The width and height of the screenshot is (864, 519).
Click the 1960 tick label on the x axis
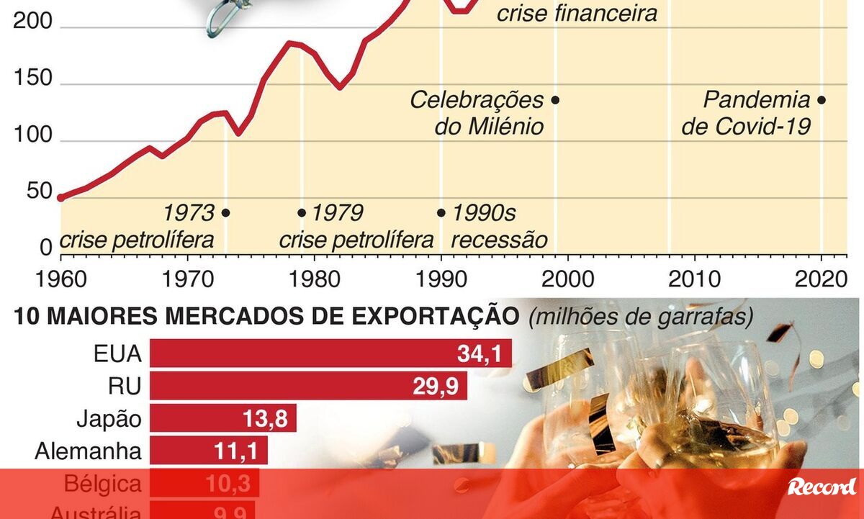[x=60, y=278]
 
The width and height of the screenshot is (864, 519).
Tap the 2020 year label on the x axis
[x=821, y=278]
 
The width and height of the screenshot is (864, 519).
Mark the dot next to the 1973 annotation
[x=225, y=213]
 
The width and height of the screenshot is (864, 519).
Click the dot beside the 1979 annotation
[x=302, y=213]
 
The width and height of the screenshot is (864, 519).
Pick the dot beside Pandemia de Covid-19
[x=822, y=101]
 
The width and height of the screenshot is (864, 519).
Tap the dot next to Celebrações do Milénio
[x=555, y=101]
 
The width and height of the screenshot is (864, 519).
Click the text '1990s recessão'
[x=496, y=226]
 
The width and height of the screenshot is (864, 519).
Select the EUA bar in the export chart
[x=330, y=353]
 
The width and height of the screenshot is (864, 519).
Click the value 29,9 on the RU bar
[x=436, y=387]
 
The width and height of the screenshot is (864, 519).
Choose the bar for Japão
[x=223, y=419]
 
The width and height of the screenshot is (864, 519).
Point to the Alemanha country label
[x=88, y=452]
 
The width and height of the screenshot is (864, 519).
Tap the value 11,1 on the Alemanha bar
[x=235, y=452]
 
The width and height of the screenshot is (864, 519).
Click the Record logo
[x=822, y=487]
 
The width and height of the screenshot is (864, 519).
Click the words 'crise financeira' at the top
[x=577, y=13]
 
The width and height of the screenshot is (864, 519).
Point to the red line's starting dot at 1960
[x=60, y=197]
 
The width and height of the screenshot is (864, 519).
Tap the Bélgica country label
[x=103, y=484]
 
